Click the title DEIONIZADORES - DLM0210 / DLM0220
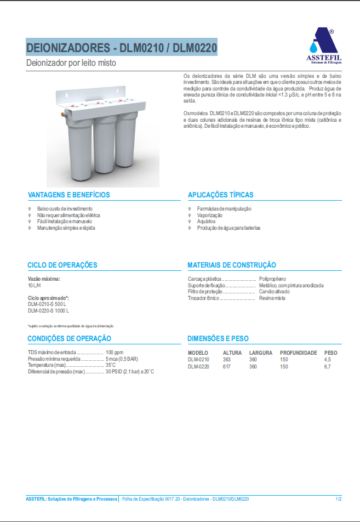coord(122,48)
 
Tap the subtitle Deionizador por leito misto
coord(71,63)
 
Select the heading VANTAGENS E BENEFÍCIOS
coord(68,195)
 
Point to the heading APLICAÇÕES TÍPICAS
coord(220,195)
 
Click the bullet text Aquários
coord(206,222)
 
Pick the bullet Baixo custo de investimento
coord(65,209)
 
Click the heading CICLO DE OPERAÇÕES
coord(62,265)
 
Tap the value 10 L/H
coord(35,286)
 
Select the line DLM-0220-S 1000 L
coord(48,310)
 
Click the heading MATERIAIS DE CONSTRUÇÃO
coord(232,265)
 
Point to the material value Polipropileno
coord(272,279)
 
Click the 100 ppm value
coord(115,352)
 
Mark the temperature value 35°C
coord(111,365)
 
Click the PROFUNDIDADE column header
coord(298,353)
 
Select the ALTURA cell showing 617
coord(227,366)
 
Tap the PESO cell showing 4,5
coord(328,360)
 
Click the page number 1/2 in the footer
coord(338,499)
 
